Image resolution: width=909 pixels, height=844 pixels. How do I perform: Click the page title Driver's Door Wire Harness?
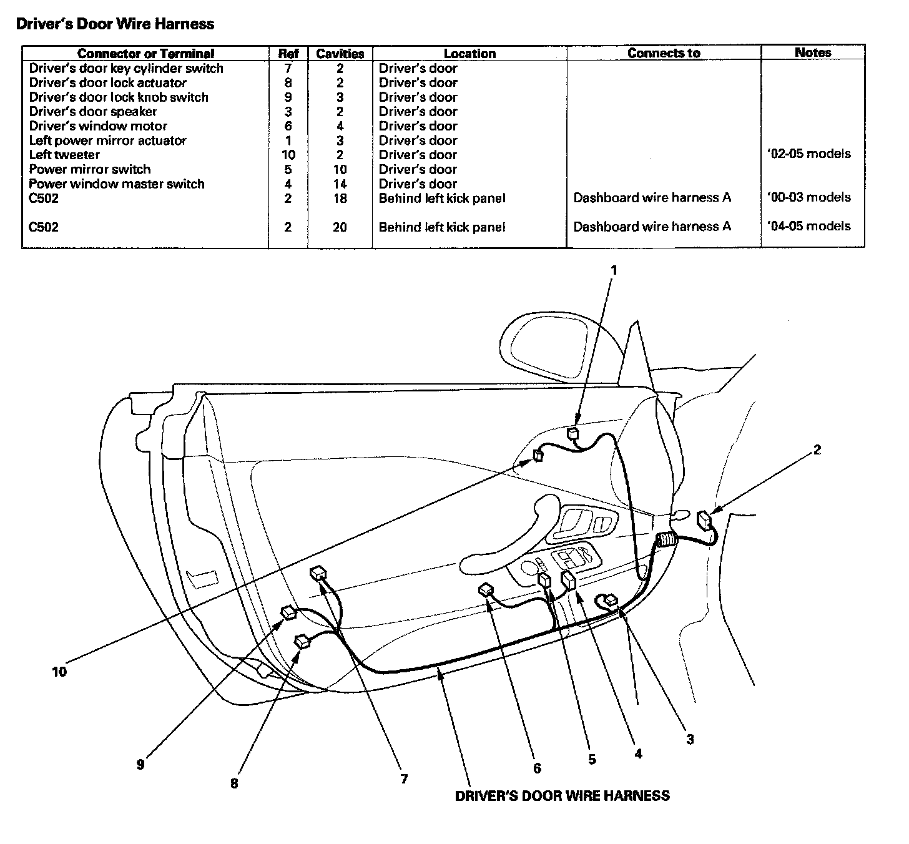[x=115, y=24]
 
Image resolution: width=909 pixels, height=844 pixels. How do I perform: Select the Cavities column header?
[x=340, y=54]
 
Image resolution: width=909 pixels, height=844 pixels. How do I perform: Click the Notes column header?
[x=812, y=52]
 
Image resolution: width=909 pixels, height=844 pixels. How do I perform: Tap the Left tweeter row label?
[x=64, y=155]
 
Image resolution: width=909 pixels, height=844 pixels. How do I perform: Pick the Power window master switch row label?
[x=117, y=184]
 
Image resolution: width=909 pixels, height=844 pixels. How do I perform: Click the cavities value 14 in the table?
[x=340, y=184]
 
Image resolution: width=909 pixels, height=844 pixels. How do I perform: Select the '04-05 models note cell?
[x=808, y=226]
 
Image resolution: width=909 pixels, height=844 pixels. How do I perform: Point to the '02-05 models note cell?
[x=808, y=154]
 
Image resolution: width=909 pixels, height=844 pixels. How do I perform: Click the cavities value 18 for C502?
[x=340, y=199]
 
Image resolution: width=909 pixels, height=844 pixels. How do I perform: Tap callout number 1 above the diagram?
[x=614, y=270]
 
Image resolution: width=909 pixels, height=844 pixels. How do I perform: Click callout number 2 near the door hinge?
[x=817, y=449]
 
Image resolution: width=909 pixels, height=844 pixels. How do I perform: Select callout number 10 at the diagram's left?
[x=59, y=672]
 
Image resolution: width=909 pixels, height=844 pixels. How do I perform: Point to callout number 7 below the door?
[x=404, y=778]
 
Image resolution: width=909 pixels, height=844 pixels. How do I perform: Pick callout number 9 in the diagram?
[x=140, y=764]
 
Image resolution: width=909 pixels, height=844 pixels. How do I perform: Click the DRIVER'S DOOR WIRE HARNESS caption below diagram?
[x=562, y=796]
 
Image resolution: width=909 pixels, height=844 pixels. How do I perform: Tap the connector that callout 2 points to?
[x=705, y=519]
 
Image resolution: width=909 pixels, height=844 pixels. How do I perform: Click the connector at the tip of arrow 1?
[x=573, y=433]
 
